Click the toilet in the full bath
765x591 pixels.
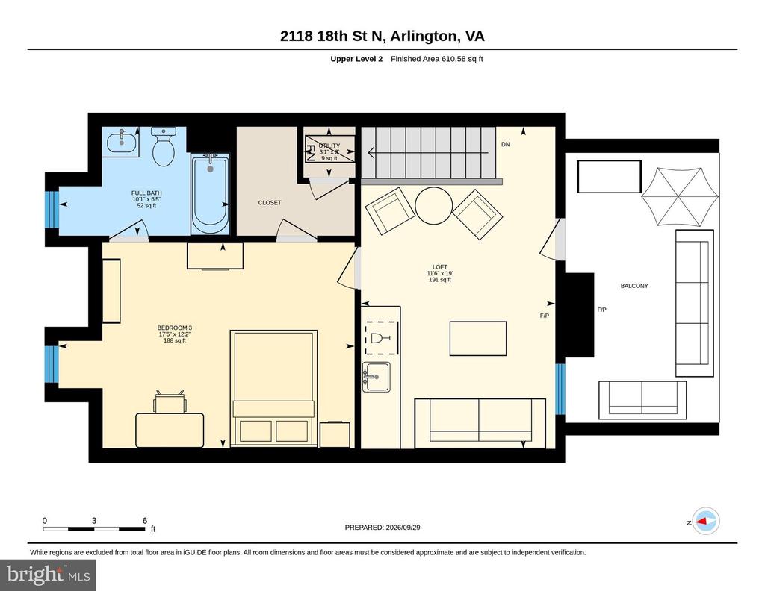(164, 146)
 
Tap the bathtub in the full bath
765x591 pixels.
(210, 195)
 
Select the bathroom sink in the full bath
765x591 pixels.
(122, 142)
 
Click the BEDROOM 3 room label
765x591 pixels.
(174, 334)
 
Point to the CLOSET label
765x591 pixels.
(270, 203)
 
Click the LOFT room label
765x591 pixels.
(439, 273)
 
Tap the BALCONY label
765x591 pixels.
(634, 286)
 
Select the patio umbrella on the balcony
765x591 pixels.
(680, 196)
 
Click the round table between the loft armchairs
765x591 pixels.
(434, 206)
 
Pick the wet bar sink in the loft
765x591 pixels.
(377, 377)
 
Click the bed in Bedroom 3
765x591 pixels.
(273, 388)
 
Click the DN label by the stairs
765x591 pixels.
(506, 144)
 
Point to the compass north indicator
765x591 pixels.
(705, 522)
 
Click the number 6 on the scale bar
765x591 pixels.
(145, 521)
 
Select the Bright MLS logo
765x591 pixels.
(49, 575)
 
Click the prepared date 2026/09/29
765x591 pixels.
(403, 527)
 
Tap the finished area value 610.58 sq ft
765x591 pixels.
(462, 59)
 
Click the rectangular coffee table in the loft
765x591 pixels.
(478, 339)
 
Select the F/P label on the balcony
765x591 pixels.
(601, 310)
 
